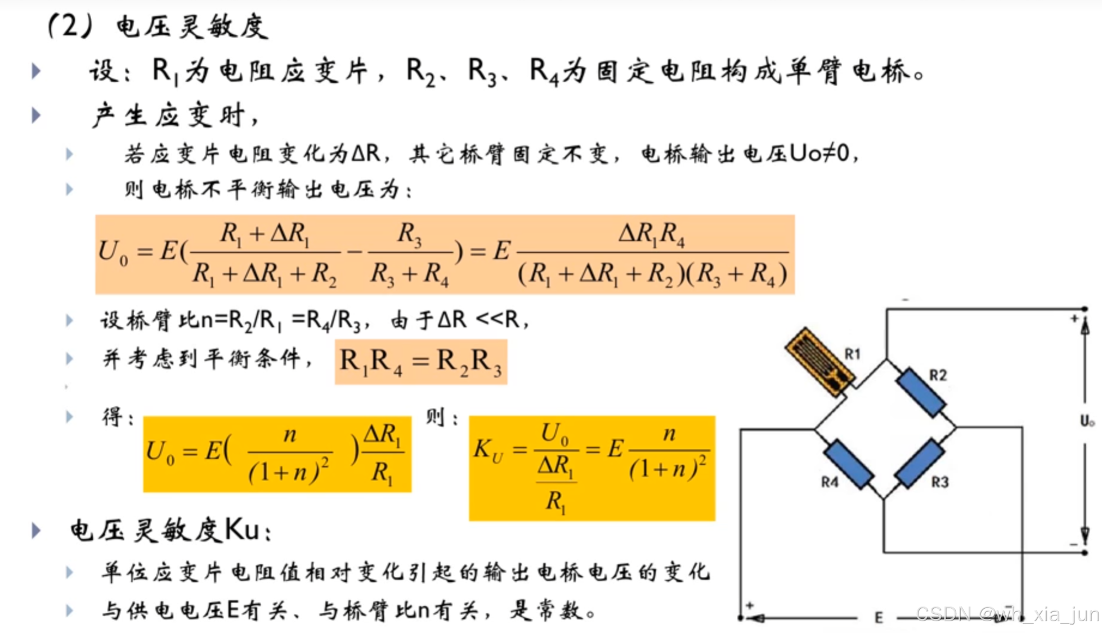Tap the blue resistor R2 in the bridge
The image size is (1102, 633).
point(920,393)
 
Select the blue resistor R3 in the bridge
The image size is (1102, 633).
point(919,463)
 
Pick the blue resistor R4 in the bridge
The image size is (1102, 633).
point(849,463)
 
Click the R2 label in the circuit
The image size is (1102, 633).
point(938,375)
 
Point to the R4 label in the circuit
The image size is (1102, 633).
point(830,482)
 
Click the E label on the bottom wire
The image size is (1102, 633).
point(879,618)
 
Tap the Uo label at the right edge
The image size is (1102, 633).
point(1087,421)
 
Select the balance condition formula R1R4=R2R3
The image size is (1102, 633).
point(420,361)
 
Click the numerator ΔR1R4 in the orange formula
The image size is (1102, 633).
point(652,233)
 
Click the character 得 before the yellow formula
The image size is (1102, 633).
point(112,417)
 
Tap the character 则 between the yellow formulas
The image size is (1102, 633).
point(435,417)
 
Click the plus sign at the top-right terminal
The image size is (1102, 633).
point(1074,319)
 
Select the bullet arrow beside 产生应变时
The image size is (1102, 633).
point(37,115)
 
